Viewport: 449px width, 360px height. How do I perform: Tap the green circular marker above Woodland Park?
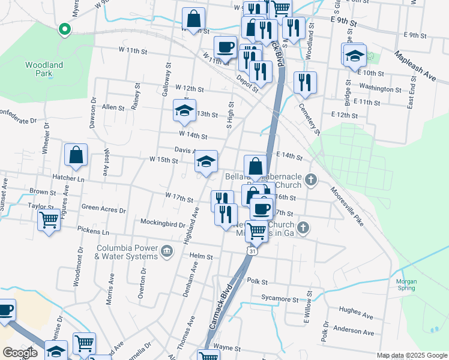pos(64,28)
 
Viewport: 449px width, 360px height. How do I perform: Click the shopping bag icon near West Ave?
pos(76,155)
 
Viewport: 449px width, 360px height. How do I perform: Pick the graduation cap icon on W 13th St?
pos(184,110)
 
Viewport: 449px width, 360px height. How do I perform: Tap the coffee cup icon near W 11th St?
pos(226,47)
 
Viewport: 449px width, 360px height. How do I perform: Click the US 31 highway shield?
pos(253,253)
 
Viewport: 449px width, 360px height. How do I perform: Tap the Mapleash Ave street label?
pos(415,66)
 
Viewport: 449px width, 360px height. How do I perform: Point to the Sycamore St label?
pos(279,299)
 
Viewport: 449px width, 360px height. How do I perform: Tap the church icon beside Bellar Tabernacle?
pos(310,179)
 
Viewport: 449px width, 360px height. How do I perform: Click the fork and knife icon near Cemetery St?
pos(306,82)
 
